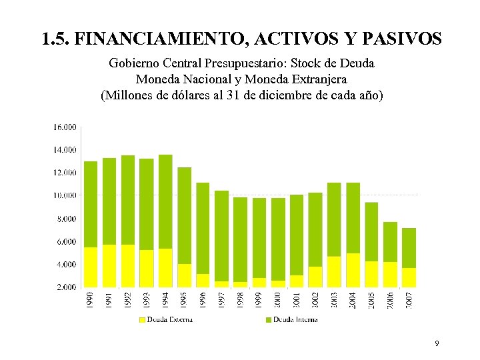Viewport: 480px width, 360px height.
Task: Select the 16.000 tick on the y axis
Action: tap(65, 127)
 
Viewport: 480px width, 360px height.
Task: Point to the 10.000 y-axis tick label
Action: tap(65, 195)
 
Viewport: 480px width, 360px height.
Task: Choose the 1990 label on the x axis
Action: tap(91, 299)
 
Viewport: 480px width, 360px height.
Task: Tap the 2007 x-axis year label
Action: tap(409, 299)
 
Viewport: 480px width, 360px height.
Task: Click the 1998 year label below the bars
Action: tap(240, 299)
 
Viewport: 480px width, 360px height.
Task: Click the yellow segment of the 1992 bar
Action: tap(128, 266)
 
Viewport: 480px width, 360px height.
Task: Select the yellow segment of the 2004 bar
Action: tap(353, 270)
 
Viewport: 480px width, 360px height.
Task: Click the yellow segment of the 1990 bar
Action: tap(91, 267)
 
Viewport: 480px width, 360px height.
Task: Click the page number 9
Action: tap(436, 344)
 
